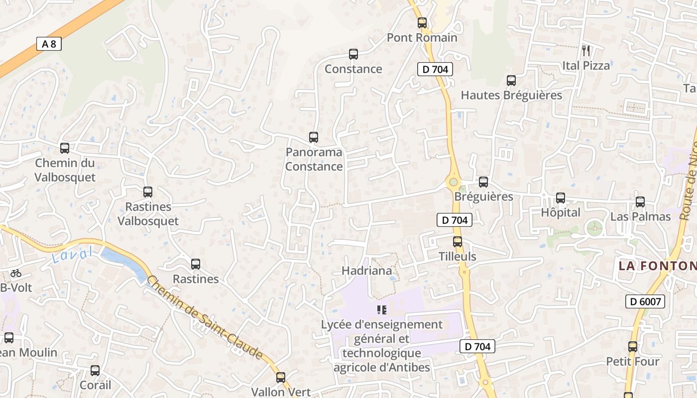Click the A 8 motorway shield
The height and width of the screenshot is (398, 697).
pos(49,44)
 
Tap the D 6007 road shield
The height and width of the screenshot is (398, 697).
pos(645,301)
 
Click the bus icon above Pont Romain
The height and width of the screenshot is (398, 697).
pos(422,22)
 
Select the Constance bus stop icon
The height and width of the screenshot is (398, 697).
pos(353,54)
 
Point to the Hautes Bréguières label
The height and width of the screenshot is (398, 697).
pos(511,95)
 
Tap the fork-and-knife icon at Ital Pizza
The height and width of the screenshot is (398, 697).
pos(586,50)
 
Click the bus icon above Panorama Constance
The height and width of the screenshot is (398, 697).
pos(314,137)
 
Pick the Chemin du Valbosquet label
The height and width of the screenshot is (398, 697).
pos(65,170)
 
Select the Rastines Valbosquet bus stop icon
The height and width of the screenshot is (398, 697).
pos(148,192)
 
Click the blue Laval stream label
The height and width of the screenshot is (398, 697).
pos(72,256)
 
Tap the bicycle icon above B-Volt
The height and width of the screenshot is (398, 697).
pos(16,273)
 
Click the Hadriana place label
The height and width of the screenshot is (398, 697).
pos(367,271)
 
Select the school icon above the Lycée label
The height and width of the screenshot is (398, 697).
pos(382,310)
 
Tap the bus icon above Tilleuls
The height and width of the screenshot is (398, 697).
pos(458,242)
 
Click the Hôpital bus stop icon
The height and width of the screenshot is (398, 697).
pos(561,198)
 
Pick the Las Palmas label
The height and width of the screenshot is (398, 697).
pos(640,217)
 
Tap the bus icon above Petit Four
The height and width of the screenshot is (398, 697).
pos(633,347)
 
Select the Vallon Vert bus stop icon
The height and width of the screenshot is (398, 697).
pos(281,378)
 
